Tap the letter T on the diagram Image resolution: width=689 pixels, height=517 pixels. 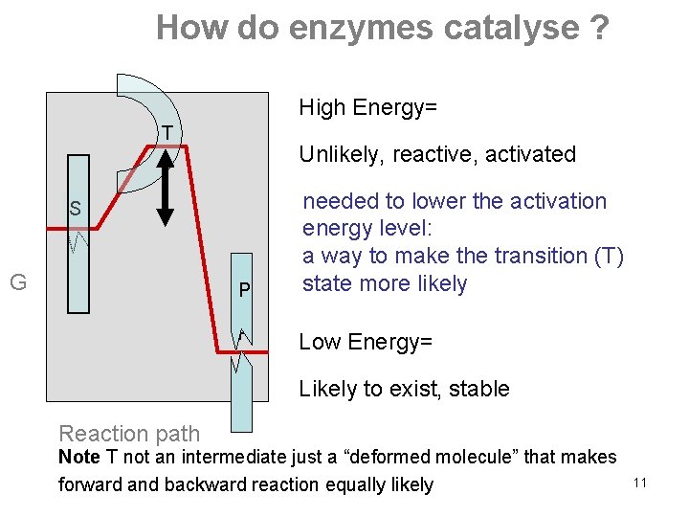(167, 132)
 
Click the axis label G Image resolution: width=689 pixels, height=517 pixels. (17, 281)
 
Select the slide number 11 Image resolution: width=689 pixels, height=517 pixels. (640, 483)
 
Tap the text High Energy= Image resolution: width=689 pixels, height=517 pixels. (368, 107)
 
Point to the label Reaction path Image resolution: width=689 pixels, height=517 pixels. (129, 434)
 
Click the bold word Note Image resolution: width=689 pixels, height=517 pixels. (78, 458)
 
